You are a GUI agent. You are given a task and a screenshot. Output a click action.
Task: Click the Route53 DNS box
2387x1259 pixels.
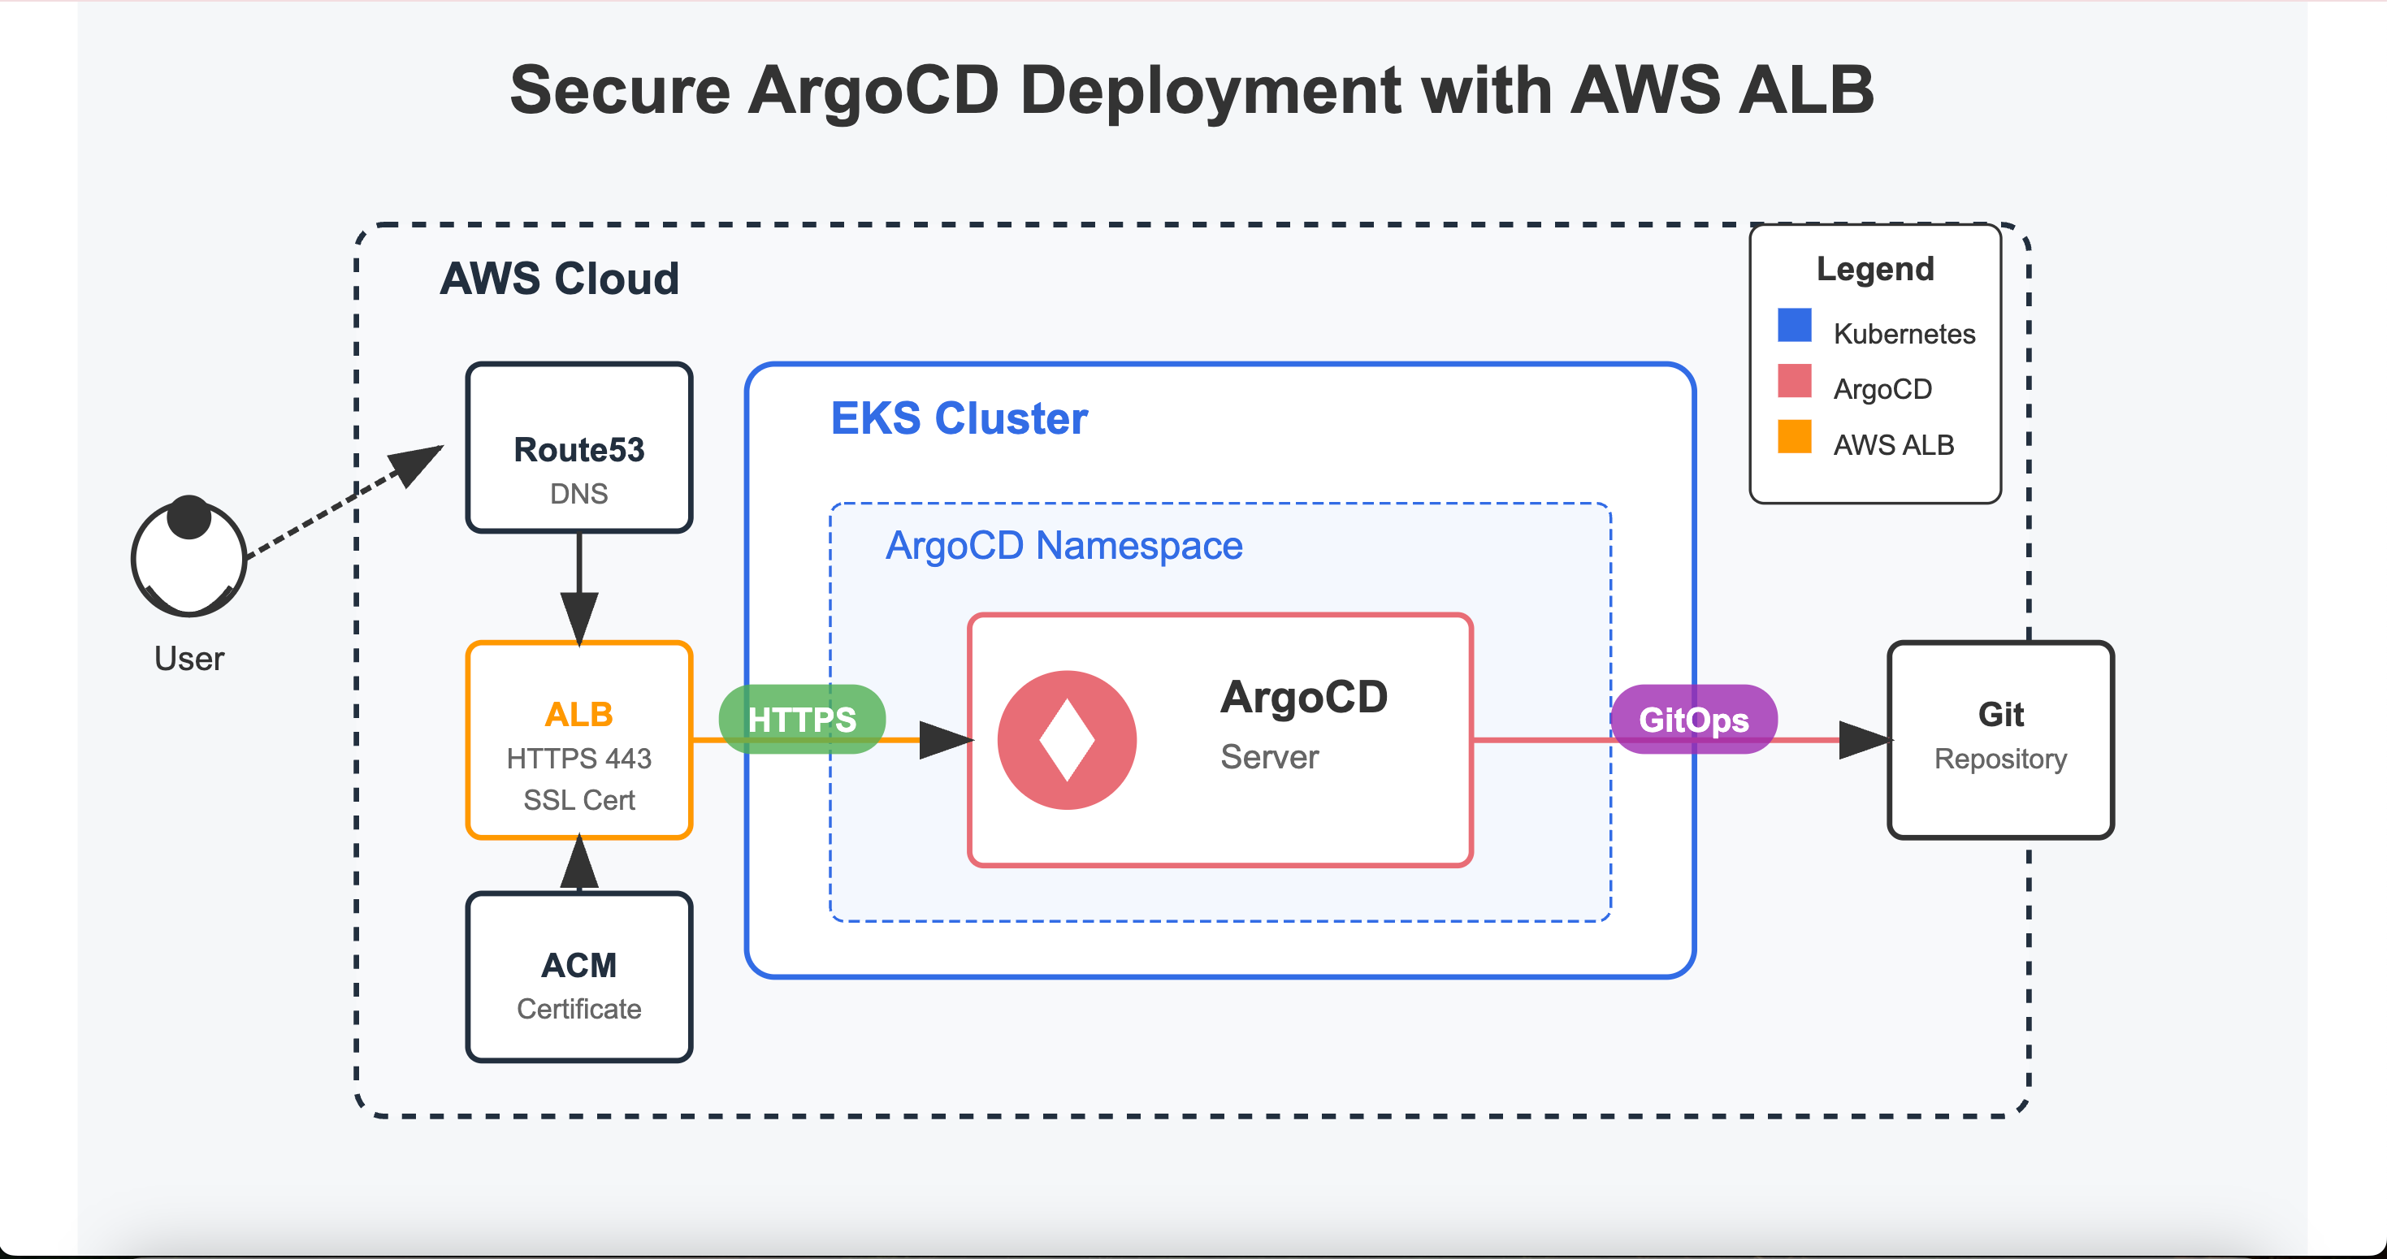coord(579,448)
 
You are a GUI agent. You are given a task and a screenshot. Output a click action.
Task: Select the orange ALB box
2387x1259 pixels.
coord(579,740)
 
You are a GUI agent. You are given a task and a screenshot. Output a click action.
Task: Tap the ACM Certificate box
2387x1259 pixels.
coord(579,977)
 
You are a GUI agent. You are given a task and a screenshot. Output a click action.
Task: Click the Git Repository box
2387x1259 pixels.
coord(2000,740)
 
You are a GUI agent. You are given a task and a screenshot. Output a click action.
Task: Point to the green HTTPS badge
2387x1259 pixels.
coord(802,719)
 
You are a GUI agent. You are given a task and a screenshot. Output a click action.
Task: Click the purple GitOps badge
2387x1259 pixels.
coord(1694,719)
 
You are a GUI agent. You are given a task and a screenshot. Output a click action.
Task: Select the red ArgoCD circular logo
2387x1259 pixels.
coord(1067,740)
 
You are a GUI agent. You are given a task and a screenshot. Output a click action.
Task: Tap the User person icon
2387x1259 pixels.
coord(189,556)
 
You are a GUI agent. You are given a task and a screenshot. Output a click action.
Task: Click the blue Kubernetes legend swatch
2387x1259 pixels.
coord(1795,325)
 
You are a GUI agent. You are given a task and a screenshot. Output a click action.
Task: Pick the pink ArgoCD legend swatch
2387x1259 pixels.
coord(1795,381)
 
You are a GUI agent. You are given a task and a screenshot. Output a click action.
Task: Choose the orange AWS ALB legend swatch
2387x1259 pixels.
coord(1795,436)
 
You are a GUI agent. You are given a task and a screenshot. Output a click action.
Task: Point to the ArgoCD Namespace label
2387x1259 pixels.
coord(1064,546)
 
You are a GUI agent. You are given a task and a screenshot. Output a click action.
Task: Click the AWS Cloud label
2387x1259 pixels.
coord(560,278)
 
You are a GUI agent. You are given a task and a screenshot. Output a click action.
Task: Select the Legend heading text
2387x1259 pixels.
coord(1875,269)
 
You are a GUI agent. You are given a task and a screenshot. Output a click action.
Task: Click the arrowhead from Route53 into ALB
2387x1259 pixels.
coord(579,619)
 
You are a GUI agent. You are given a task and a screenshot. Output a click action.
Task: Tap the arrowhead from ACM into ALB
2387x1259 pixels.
coord(579,862)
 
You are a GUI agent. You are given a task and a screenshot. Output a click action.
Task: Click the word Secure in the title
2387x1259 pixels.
coord(620,91)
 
